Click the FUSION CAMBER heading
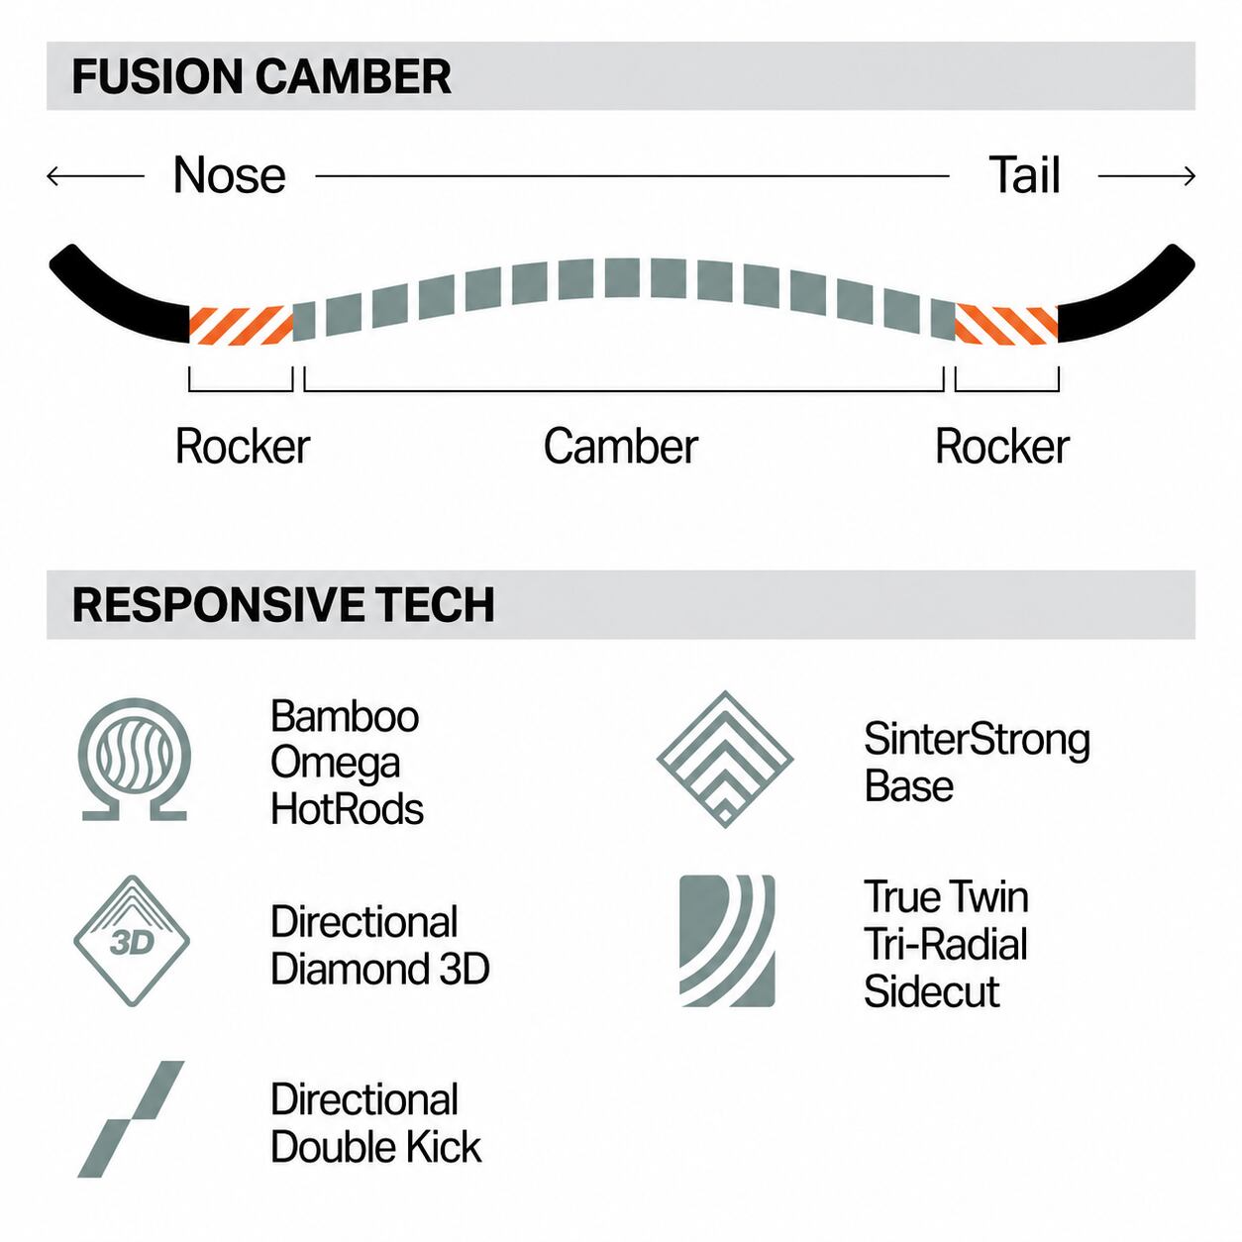click(261, 76)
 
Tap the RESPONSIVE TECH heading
click(283, 604)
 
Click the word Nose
click(230, 175)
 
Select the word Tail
click(1024, 175)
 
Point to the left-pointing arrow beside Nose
click(95, 176)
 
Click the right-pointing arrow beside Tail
click(1146, 176)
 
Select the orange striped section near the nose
click(241, 325)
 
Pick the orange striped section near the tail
click(1006, 324)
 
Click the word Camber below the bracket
click(621, 446)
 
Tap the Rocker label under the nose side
click(243, 446)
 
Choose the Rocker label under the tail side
click(1002, 446)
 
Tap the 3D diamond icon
click(132, 941)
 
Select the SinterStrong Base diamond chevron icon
click(725, 760)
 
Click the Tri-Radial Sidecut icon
click(727, 940)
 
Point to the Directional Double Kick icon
click(131, 1119)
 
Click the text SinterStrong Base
click(977, 763)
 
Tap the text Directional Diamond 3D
click(379, 945)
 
